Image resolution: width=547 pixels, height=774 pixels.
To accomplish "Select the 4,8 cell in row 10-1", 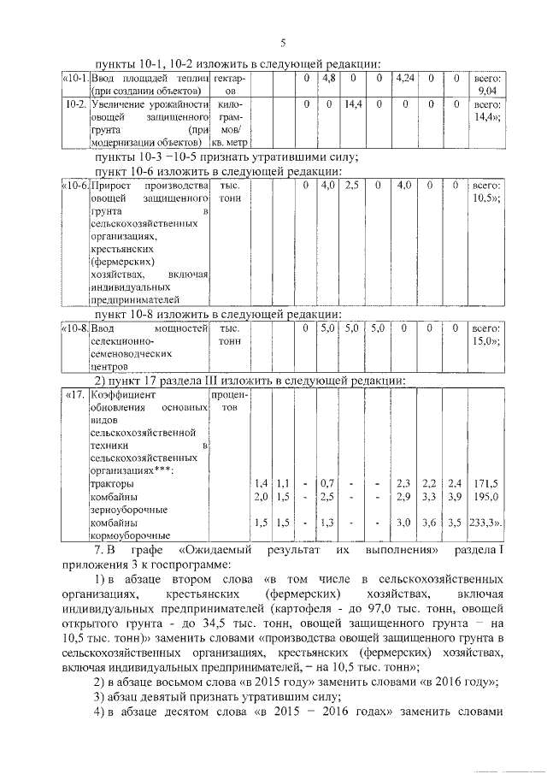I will coord(328,79).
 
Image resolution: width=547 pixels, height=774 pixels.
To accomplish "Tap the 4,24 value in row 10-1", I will coord(404,79).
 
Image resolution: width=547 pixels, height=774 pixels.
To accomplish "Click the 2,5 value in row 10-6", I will coord(352,185).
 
